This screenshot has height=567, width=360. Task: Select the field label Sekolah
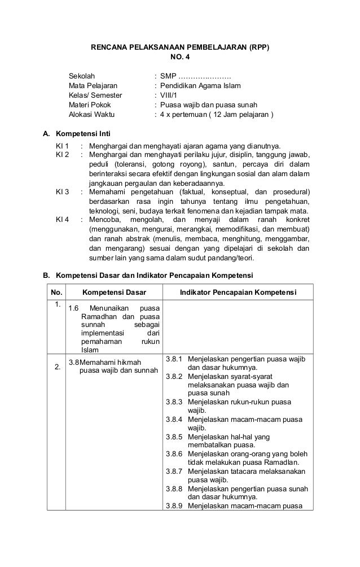(82, 76)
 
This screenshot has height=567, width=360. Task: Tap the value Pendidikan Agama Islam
(200, 86)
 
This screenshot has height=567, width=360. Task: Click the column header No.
(56, 292)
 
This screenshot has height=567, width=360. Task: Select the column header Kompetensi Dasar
(115, 292)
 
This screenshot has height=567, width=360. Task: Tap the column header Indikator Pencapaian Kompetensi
(238, 292)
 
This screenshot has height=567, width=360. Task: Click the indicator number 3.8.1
(174, 359)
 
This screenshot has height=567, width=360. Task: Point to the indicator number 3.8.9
(174, 505)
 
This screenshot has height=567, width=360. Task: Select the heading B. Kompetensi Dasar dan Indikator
(148, 275)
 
